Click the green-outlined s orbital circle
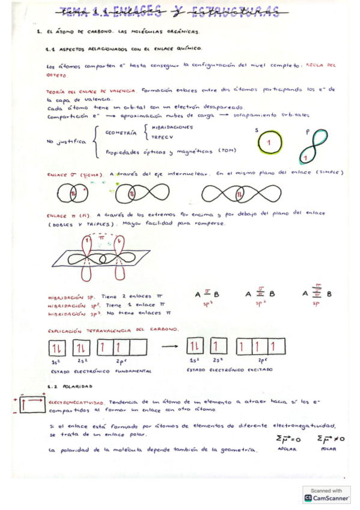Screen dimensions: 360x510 (270, 143)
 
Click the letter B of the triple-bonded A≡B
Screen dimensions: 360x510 (329, 294)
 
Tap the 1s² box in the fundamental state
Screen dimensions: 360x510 (58, 348)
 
